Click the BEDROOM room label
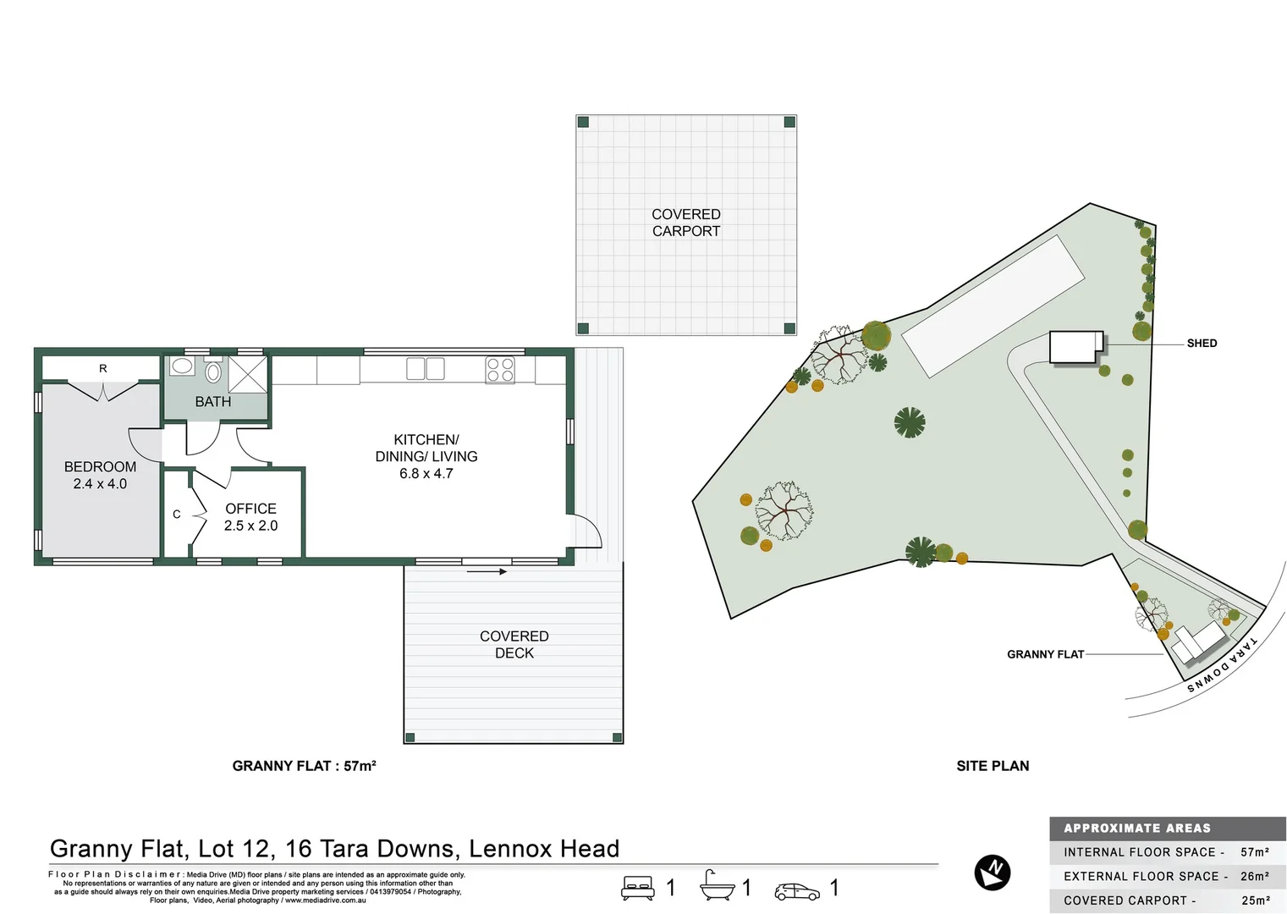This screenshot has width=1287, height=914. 100,475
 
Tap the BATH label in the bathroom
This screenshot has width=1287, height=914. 213,402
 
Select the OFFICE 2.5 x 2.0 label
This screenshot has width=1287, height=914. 250,517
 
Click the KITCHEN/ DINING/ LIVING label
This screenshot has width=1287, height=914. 426,456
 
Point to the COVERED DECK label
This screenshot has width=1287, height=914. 514,644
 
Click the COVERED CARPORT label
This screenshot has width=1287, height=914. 686,223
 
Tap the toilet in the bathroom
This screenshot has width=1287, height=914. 213,372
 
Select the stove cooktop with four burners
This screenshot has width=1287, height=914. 500,370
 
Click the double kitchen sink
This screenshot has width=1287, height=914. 426,368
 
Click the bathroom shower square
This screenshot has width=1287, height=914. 248,374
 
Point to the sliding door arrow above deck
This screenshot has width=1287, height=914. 487,572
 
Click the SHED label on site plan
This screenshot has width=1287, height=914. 1202,343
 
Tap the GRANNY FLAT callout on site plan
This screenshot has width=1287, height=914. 1045,654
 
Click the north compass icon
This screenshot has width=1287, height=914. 992,873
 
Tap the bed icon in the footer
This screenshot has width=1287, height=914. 638,888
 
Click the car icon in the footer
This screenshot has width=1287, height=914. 797,891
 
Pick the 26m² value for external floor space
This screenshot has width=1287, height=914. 1254,877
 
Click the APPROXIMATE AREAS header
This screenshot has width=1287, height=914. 1136,829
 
